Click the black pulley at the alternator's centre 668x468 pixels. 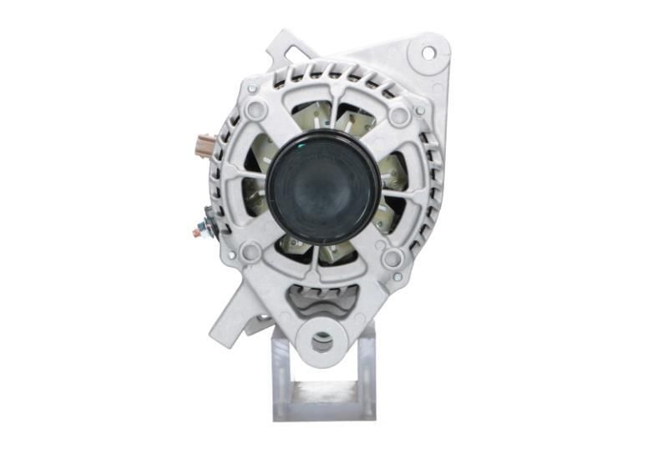(323, 188)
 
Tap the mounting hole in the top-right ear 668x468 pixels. (428, 53)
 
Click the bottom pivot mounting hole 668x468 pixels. (321, 341)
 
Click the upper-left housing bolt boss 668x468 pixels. (256, 108)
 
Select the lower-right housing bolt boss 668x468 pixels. (392, 259)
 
